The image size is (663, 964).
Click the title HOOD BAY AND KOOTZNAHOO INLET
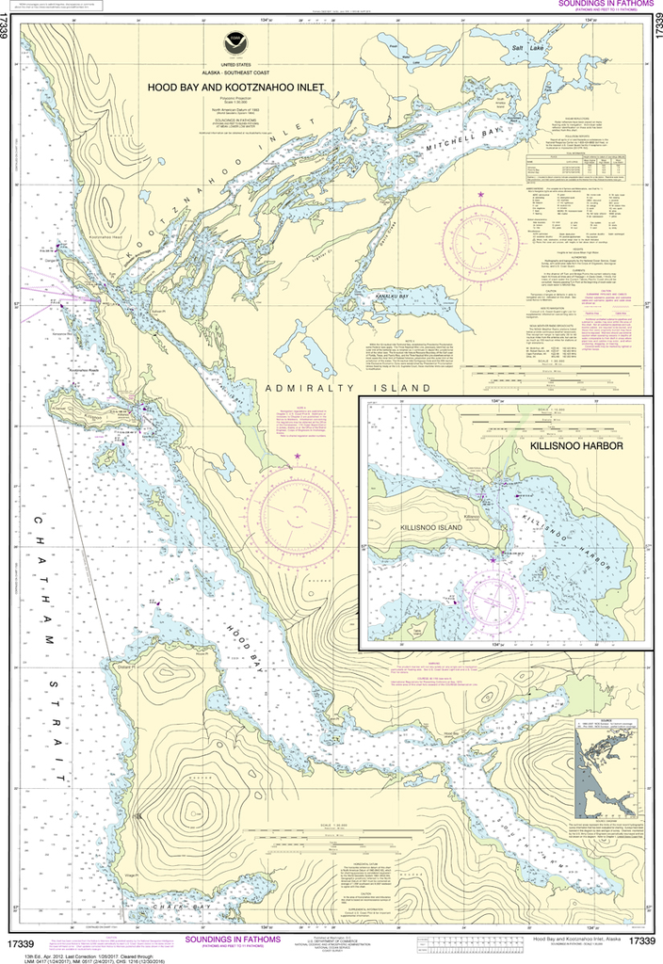tap(234, 87)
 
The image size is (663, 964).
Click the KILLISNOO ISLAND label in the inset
tap(430, 528)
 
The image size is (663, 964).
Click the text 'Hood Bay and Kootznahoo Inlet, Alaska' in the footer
tap(575, 940)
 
